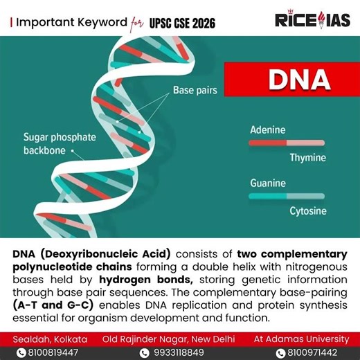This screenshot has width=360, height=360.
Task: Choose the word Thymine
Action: point(307,157)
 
